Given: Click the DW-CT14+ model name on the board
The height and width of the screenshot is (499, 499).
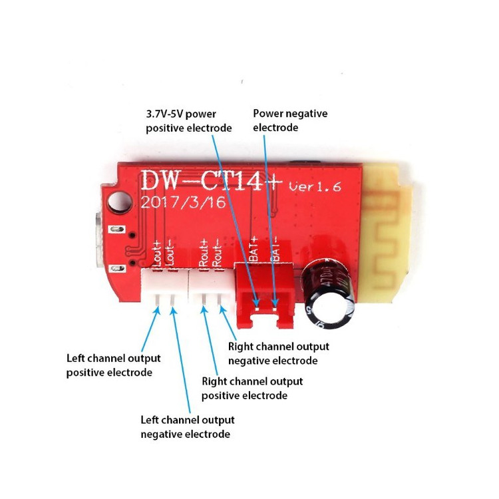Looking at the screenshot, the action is tap(212, 180).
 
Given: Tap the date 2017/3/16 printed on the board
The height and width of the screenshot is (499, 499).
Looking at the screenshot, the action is tap(184, 202).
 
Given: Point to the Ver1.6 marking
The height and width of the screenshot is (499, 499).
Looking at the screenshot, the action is tap(315, 186).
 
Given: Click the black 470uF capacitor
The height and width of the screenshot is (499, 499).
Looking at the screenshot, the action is tap(329, 293).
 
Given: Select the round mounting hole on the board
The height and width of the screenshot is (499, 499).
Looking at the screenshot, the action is tap(119, 202).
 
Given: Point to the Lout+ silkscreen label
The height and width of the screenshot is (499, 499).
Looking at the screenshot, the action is tap(158, 253).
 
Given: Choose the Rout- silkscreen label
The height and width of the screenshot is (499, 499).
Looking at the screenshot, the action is tap(218, 253).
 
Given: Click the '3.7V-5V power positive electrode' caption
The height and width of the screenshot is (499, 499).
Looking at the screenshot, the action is tap(189, 121).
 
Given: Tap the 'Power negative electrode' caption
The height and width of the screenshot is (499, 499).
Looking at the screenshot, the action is tap(290, 120).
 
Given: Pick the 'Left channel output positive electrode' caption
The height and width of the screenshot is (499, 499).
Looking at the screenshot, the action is tap(113, 365).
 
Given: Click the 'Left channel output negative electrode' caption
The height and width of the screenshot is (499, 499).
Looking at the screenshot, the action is tap(188, 426).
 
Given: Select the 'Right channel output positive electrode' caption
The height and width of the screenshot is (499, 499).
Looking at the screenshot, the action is tap(252, 389).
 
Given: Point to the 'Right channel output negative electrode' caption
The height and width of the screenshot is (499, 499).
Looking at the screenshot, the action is tap(279, 353).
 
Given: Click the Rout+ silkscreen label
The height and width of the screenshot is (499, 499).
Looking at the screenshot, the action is tap(204, 253).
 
